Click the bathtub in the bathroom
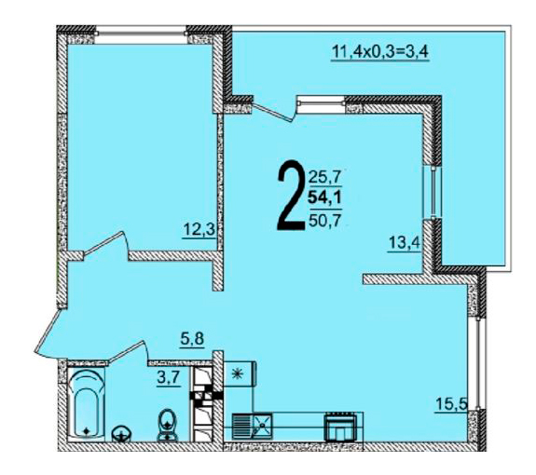click(86, 404)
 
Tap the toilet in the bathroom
click(167, 425)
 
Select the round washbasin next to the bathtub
click(121, 434)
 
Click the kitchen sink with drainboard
click(253, 426)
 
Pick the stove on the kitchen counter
click(340, 427)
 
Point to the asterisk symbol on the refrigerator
click(236, 374)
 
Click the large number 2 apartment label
click(291, 196)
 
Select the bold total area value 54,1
click(325, 197)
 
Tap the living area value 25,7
click(325, 177)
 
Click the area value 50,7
click(325, 221)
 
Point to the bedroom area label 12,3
click(199, 229)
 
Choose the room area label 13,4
click(404, 243)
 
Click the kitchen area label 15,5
click(451, 404)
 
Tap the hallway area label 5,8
click(192, 339)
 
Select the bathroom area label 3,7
click(168, 379)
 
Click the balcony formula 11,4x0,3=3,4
click(380, 52)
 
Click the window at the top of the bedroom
click(141, 35)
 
